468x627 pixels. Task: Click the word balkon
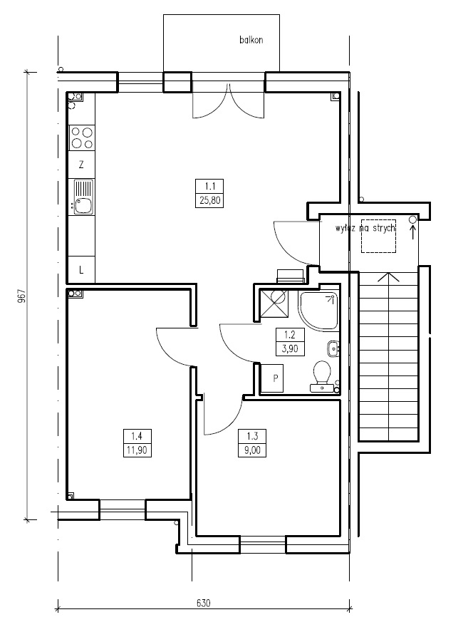click(x=251, y=40)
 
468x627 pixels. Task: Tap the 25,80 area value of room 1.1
click(x=210, y=200)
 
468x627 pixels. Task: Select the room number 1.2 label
click(x=290, y=335)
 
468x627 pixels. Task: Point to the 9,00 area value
click(x=252, y=450)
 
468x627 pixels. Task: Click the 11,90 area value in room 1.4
click(x=137, y=450)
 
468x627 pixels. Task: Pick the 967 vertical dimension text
click(x=22, y=296)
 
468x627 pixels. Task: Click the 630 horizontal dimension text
click(x=204, y=603)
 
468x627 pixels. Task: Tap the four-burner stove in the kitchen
click(x=82, y=138)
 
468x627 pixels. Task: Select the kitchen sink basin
click(x=83, y=206)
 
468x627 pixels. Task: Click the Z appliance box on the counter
click(x=81, y=165)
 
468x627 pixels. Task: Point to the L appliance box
click(x=81, y=270)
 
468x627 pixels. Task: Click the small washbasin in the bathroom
click(x=333, y=348)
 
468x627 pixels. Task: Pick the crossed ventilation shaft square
click(x=274, y=304)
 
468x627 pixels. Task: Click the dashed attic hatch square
click(x=379, y=236)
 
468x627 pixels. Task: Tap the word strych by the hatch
click(x=384, y=228)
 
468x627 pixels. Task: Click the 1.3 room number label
click(x=252, y=436)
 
